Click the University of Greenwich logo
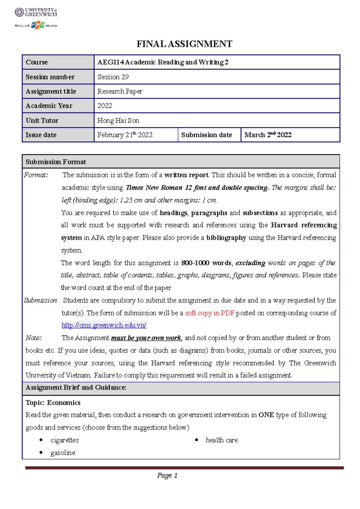(36, 12)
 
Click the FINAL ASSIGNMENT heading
(184, 44)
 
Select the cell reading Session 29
(113, 77)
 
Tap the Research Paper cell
(120, 91)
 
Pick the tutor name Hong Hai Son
(118, 121)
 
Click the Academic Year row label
(49, 106)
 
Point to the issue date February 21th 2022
(125, 135)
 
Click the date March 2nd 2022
(268, 135)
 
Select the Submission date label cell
(206, 135)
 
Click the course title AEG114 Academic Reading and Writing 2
(163, 62)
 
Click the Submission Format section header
(56, 162)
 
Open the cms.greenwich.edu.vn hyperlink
(104, 325)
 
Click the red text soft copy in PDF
(209, 313)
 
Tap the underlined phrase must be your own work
(146, 338)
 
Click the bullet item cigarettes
(64, 440)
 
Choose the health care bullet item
(222, 440)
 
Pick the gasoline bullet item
(63, 453)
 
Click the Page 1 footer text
(167, 475)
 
